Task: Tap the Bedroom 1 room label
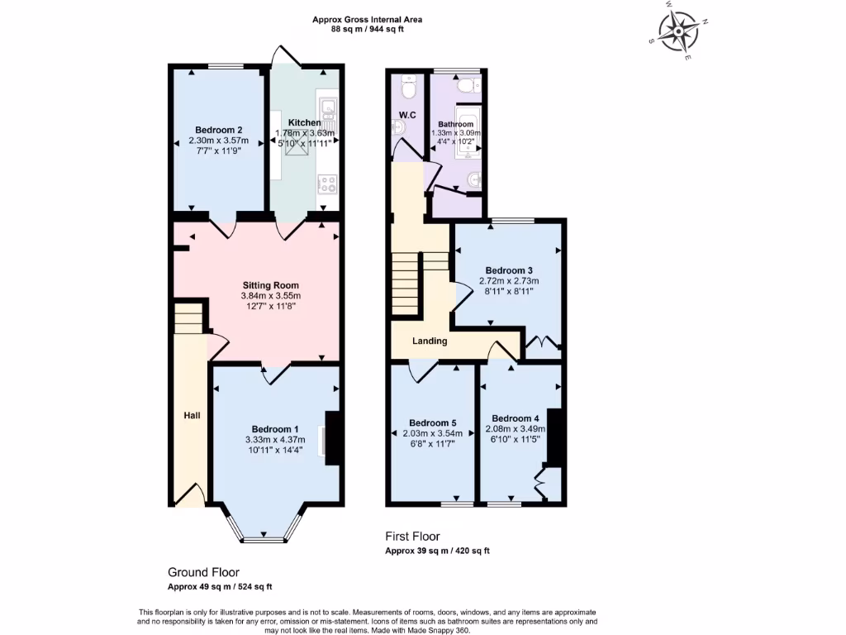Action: [275, 428]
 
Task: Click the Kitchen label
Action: [304, 122]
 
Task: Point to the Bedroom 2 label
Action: [218, 129]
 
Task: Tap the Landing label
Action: [430, 341]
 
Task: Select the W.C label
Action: [406, 113]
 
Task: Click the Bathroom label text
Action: [455, 124]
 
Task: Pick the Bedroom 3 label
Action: [508, 270]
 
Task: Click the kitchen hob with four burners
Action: [328, 184]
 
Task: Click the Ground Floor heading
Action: [203, 572]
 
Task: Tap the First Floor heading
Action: [413, 536]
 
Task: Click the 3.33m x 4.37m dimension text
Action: [275, 439]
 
